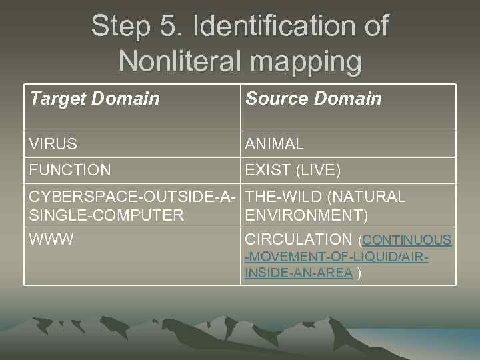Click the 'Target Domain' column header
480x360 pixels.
point(95,99)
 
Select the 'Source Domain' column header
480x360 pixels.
point(313,99)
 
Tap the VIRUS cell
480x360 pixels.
point(53,144)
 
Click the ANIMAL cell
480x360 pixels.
point(274,144)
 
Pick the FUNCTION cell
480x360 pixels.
point(70,171)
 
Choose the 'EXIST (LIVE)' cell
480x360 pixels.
point(293,171)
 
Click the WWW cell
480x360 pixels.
point(51,239)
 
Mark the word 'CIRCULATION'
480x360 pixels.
point(299,239)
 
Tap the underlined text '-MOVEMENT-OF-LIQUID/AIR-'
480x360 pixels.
point(337,257)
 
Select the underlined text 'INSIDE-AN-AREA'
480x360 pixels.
point(299,273)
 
